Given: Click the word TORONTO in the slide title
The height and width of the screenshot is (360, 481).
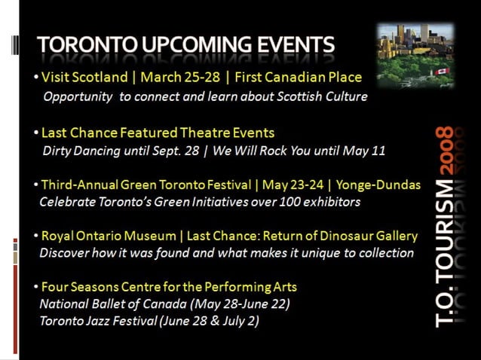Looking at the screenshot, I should (83, 44).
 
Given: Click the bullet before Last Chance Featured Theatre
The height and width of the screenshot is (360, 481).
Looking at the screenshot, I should (36, 133).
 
